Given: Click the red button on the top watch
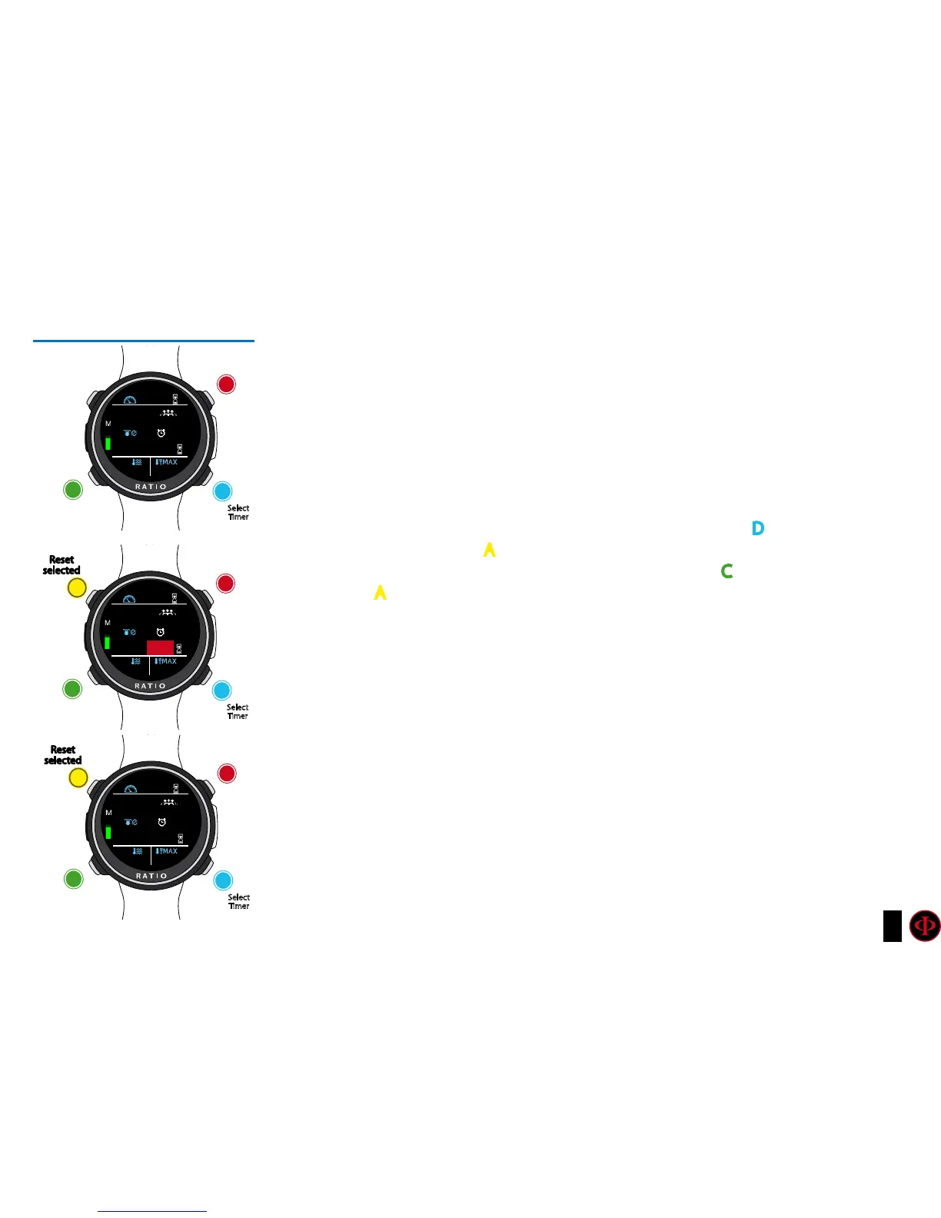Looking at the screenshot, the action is (x=226, y=384).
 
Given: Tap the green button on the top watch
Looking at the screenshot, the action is (x=73, y=489).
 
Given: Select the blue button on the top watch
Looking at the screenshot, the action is (x=222, y=491).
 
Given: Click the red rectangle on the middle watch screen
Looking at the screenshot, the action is (x=160, y=647).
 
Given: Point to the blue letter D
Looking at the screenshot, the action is (x=758, y=528).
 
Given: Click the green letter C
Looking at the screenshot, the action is (x=727, y=571).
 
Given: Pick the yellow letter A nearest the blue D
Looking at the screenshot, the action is (x=489, y=550).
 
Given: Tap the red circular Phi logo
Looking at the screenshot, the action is (x=924, y=926).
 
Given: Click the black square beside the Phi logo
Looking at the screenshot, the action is (x=892, y=926).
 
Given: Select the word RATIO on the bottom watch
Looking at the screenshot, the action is (x=151, y=876).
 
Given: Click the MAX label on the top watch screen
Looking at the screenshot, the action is (x=169, y=462).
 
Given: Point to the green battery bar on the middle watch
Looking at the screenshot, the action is (x=108, y=642).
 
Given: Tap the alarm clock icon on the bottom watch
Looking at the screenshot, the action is (x=161, y=823).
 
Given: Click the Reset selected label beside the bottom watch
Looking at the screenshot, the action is (x=62, y=755).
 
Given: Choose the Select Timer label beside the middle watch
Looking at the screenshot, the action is (x=238, y=711).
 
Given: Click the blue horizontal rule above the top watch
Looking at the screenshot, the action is (x=144, y=340).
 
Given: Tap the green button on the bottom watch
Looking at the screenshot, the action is (x=73, y=878).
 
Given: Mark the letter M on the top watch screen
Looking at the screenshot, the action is (x=108, y=424).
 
